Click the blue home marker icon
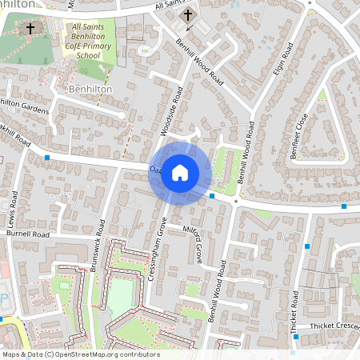point(180,172)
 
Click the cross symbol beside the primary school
point(30,29)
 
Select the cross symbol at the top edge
point(188,15)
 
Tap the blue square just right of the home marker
point(212,195)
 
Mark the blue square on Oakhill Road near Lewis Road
point(47,158)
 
